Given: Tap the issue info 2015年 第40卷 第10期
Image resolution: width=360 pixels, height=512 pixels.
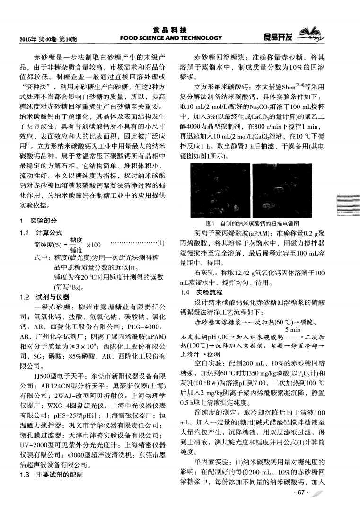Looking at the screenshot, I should [45, 38].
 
